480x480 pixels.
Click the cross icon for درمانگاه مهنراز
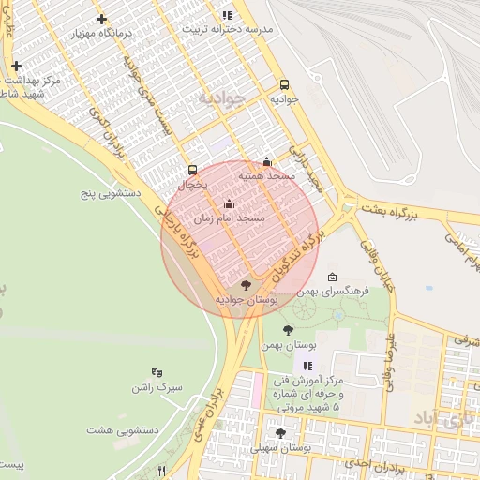[x=101, y=19]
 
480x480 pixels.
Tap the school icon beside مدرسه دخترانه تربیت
[x=227, y=15]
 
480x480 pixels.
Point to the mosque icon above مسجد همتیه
[x=266, y=161]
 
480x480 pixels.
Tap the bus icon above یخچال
[x=192, y=170]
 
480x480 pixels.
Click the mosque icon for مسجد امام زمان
[x=229, y=203]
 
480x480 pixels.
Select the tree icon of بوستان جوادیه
[x=247, y=284]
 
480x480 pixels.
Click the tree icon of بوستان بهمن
[x=288, y=330]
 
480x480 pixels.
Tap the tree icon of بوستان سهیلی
[x=280, y=433]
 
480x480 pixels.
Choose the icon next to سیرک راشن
[x=157, y=372]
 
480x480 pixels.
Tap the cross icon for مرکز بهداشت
[x=16, y=66]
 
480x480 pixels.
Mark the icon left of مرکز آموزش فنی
[x=307, y=365]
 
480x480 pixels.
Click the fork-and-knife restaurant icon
[x=161, y=470]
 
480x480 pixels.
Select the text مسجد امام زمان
[x=230, y=217]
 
